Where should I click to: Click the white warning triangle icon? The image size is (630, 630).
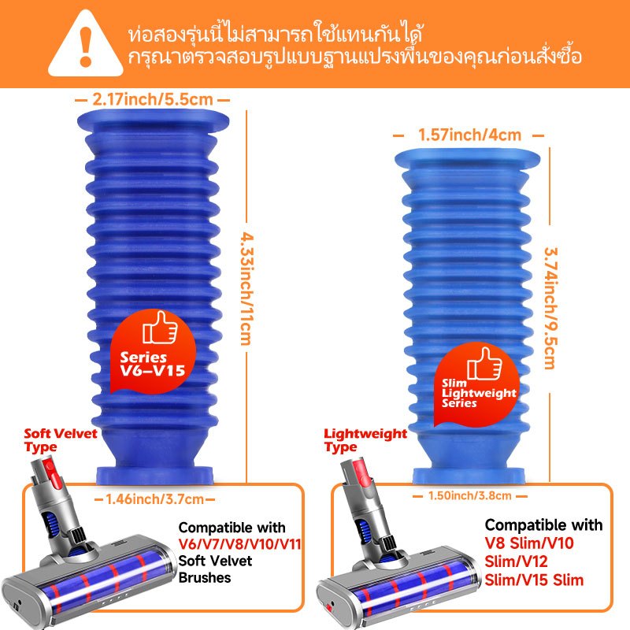coord(85,45)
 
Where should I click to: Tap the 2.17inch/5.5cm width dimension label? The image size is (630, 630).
coord(153,99)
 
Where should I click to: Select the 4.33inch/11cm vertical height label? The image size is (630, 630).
coord(246,288)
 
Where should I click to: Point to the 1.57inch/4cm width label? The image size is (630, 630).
coord(469,135)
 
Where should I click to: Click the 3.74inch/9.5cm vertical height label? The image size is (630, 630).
coord(550,308)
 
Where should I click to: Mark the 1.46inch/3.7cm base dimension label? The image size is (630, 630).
coord(154,499)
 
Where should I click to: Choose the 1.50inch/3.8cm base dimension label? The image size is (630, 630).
coord(469,496)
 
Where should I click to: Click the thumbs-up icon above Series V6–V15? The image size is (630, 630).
coord(160,328)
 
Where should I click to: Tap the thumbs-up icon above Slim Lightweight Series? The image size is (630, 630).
coord(484,364)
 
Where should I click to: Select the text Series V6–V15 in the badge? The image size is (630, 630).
coord(152,364)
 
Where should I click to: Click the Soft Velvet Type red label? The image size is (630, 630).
coord(61,440)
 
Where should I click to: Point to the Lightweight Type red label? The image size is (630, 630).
coord(365,440)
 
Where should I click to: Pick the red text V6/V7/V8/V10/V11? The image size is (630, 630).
coord(240,544)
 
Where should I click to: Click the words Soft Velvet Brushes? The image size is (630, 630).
coord(215,569)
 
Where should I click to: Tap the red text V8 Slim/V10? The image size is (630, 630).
coord(529,543)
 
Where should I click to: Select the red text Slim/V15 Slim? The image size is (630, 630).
coord(534,580)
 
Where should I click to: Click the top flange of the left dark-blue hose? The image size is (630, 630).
coord(153,120)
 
